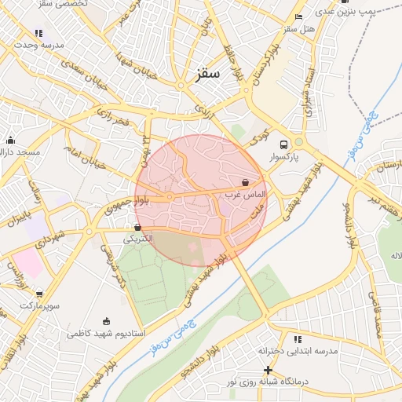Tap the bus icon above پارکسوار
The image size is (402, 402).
(283, 144)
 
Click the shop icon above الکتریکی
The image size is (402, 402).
(138, 227)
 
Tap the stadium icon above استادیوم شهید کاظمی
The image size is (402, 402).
(107, 321)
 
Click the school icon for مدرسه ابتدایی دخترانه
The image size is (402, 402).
(297, 339)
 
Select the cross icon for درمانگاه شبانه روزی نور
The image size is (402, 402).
(268, 370)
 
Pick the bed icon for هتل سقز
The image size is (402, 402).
(298, 17)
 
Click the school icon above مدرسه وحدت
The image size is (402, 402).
(38, 33)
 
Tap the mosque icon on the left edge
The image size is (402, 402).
(10, 141)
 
